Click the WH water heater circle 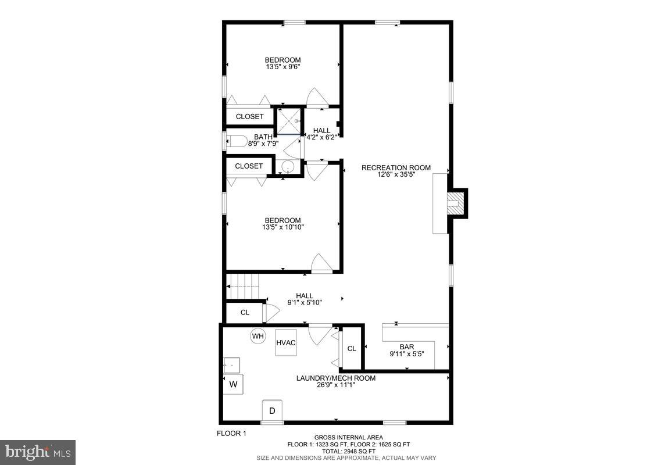click(x=258, y=336)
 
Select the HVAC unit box click(x=286, y=343)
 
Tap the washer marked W click(x=234, y=384)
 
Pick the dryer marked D click(x=271, y=410)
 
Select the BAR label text click(x=407, y=346)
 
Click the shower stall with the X click(x=289, y=121)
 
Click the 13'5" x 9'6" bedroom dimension click(x=282, y=67)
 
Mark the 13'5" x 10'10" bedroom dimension click(x=282, y=227)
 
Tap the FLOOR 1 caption click(x=232, y=433)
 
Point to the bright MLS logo click(x=38, y=451)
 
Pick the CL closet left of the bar click(x=351, y=349)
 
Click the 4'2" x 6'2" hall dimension click(x=321, y=137)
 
